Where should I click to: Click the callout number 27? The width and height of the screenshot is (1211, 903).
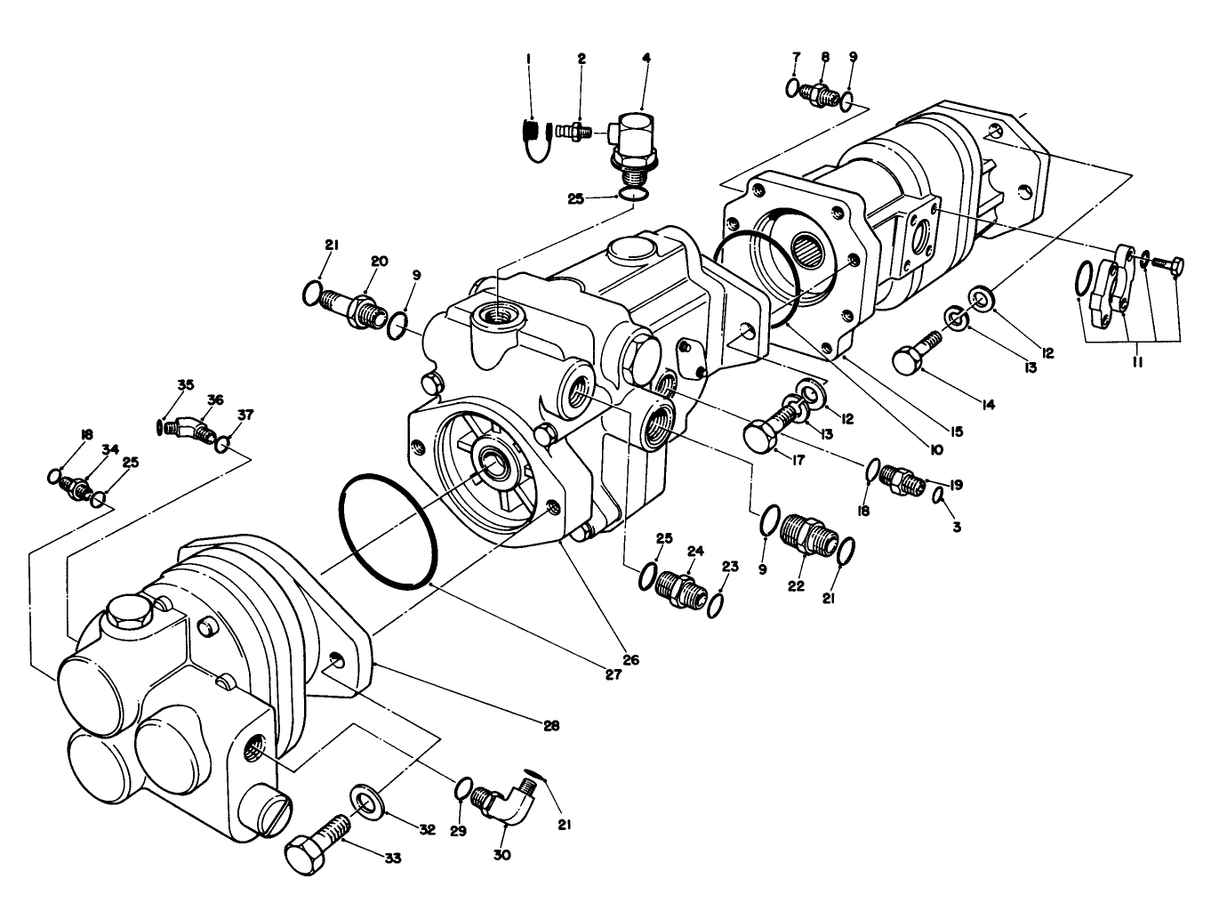(614, 673)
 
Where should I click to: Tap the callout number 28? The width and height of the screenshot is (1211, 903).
(551, 725)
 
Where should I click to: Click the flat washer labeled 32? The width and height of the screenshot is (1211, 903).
(365, 802)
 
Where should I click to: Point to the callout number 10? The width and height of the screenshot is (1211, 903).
(934, 451)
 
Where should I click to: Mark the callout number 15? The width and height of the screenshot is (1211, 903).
(956, 432)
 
